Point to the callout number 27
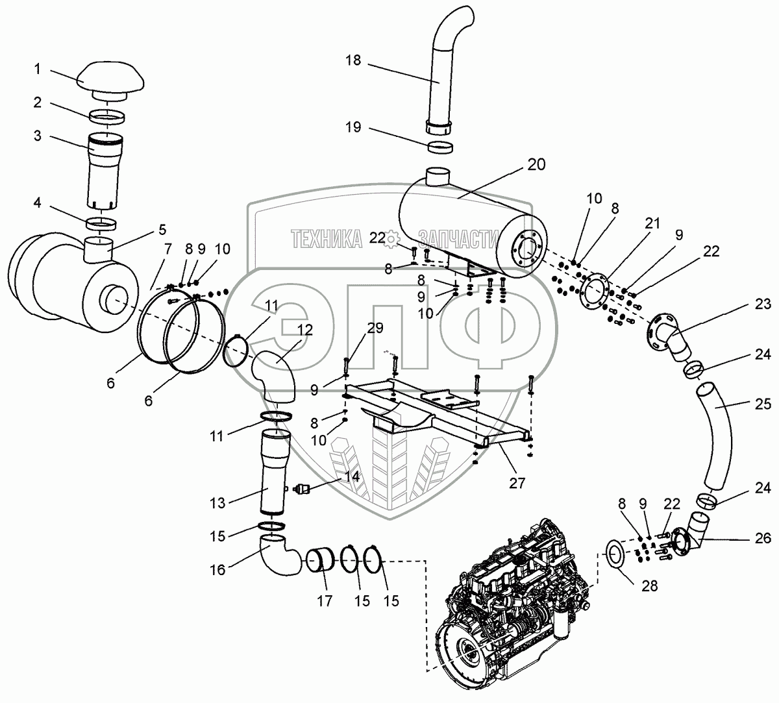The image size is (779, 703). [x=517, y=483]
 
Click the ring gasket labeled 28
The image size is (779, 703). [x=614, y=554]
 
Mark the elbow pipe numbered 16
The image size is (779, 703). [x=277, y=558]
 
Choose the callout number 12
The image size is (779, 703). [x=304, y=330]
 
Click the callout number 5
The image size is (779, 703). [x=162, y=229]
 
